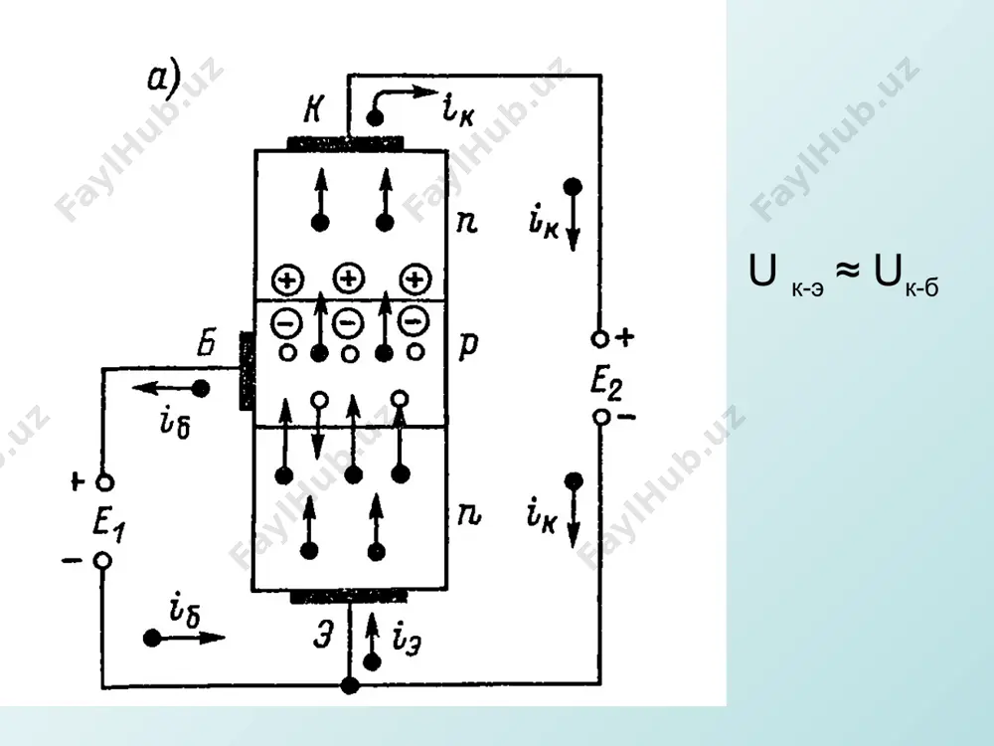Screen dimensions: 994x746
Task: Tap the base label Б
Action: pyautogui.click(x=206, y=343)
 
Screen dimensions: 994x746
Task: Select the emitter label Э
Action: pyautogui.click(x=323, y=634)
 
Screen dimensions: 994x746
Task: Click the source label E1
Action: pyautogui.click(x=108, y=525)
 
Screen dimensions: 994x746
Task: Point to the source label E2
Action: pyautogui.click(x=606, y=384)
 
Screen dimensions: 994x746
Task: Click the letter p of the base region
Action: pyautogui.click(x=468, y=346)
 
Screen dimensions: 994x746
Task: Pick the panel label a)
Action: pyautogui.click(x=164, y=80)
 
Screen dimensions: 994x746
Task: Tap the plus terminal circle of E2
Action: pyautogui.click(x=599, y=339)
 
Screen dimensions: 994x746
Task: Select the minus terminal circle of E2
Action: pyautogui.click(x=601, y=417)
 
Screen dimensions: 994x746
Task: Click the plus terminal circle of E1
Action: pyautogui.click(x=104, y=482)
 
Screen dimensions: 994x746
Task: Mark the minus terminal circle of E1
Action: pyautogui.click(x=102, y=561)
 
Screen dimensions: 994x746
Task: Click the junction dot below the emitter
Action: pyautogui.click(x=349, y=685)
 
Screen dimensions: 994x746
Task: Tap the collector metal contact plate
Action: pyautogui.click(x=345, y=143)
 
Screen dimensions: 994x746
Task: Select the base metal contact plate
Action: pyautogui.click(x=247, y=371)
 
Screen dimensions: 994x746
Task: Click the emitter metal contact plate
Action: pyautogui.click(x=349, y=596)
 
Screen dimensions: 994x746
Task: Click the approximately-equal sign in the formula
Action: pyautogui.click(x=848, y=271)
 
